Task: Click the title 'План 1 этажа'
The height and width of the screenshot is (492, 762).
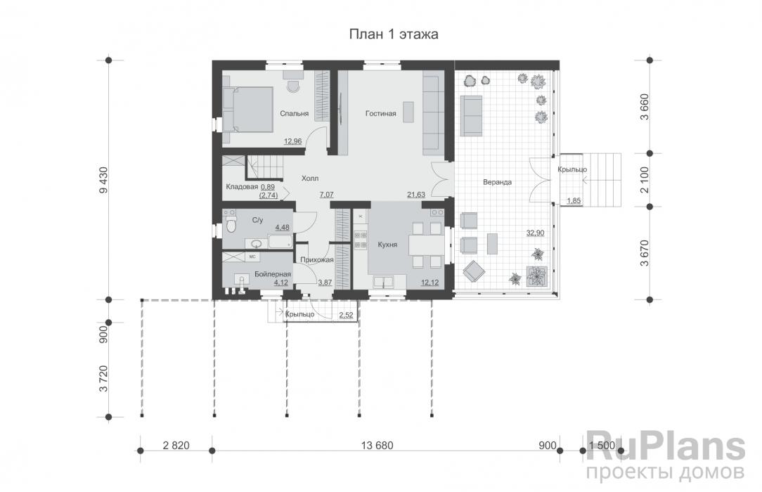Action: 394,34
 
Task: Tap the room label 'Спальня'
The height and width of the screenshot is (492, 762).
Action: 294,114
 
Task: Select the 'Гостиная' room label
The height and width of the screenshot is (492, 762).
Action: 380,114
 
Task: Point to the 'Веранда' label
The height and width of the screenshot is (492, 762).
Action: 497,182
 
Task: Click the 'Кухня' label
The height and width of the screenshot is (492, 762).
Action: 387,245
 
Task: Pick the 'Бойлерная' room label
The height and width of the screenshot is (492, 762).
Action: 273,274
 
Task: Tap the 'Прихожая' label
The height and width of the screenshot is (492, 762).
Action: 317,260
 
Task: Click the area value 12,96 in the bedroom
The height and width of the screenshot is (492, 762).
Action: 293,141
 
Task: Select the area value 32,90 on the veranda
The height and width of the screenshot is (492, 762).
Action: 535,233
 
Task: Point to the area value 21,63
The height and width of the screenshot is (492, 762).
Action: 416,194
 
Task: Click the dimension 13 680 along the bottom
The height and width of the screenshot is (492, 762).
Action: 377,446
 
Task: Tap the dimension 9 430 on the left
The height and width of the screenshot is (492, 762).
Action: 103,180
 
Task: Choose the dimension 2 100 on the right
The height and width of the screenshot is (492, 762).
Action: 645,180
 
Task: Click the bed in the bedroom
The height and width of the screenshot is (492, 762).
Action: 248,110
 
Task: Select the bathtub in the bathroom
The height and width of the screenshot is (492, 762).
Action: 280,241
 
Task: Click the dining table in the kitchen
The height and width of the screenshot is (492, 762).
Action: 426,245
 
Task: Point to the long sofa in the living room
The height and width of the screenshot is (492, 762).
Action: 431,115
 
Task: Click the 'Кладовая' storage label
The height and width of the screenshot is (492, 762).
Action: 242,187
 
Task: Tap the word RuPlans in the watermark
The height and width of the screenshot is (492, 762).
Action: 666,446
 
